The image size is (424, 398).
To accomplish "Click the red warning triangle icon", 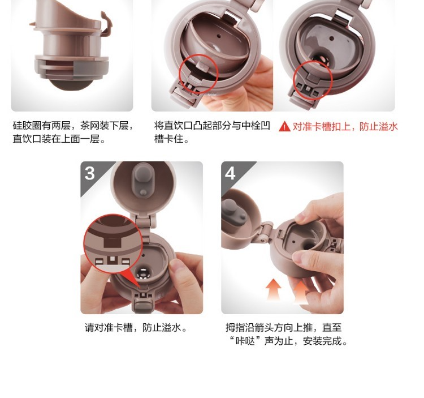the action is coord(284,126).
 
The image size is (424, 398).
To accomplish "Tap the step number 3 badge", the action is coord(90,173).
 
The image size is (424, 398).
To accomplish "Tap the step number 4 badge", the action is coord(230,173).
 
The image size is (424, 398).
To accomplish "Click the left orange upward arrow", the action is coord(274,290).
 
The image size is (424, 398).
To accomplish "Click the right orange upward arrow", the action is coord(301,292).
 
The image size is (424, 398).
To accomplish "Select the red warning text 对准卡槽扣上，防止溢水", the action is coord(345,126).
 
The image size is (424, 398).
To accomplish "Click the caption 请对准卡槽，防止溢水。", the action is coord(136,328).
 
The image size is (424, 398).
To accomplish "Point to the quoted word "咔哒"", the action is coord(245,341).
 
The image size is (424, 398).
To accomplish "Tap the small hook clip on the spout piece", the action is coord(106,24).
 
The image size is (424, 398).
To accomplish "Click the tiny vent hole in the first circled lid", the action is coord(218,36).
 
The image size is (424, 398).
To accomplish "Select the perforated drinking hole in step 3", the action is coord(143,273).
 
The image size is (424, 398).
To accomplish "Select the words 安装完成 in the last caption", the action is coord(322,341).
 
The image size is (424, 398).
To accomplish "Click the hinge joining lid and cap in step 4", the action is coord(265,232).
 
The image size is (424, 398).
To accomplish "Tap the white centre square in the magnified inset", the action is coord(113,259).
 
